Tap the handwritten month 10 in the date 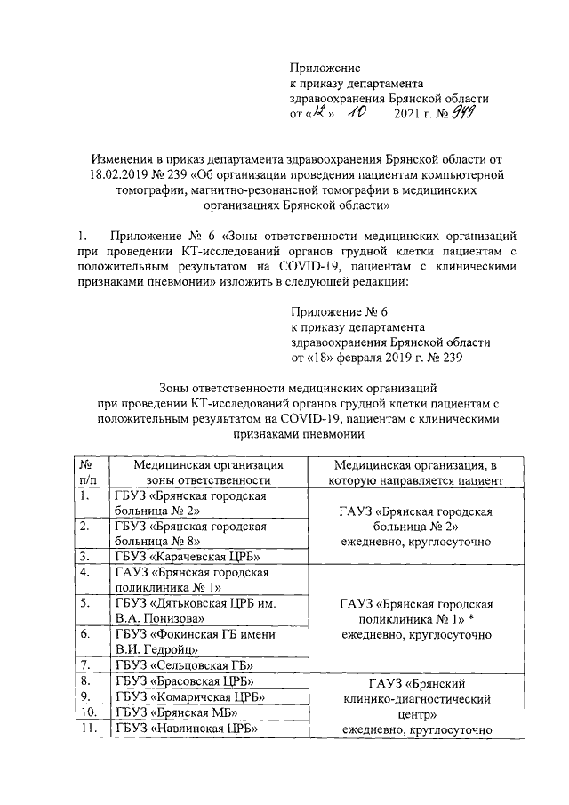[x=357, y=114]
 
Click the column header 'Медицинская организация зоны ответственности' [x=208, y=471]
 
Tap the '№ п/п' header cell [x=88, y=471]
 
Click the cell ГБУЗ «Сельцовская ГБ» [x=185, y=664]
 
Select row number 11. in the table [x=87, y=729]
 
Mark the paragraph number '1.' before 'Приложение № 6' [x=82, y=236]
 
